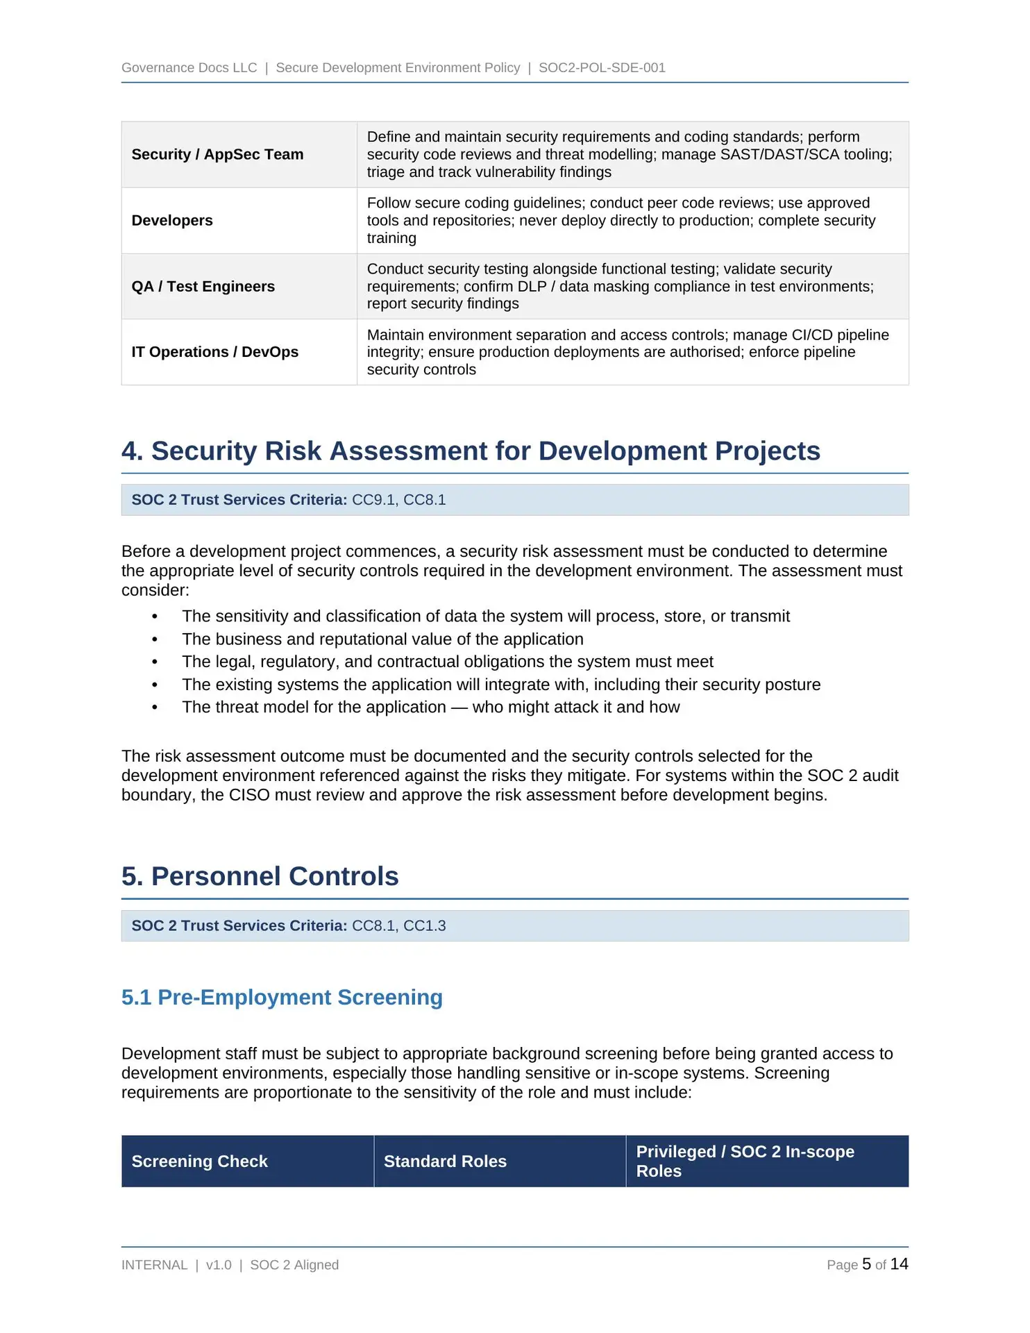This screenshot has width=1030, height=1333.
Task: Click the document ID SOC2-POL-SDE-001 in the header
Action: click(x=602, y=67)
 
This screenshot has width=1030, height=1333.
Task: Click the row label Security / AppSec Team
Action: click(x=217, y=154)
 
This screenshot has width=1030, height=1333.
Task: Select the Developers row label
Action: click(x=172, y=220)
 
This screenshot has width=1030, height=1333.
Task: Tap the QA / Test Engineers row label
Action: click(x=203, y=286)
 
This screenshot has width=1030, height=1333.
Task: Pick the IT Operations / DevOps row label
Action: click(x=214, y=352)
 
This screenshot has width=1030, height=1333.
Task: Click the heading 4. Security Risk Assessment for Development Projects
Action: click(x=471, y=451)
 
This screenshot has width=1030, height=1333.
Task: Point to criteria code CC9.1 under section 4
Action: click(x=373, y=500)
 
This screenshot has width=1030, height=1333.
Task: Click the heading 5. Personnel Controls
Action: click(x=260, y=876)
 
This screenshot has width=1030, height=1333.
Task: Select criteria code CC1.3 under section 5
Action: click(x=425, y=925)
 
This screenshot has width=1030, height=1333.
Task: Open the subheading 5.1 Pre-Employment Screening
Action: click(x=282, y=997)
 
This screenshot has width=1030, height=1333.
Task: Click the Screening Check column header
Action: click(x=199, y=1161)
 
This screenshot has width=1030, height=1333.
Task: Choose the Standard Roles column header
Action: click(x=445, y=1161)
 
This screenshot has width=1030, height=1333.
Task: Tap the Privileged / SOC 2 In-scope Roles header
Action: click(x=745, y=1161)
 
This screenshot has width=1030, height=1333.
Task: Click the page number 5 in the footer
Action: click(x=866, y=1264)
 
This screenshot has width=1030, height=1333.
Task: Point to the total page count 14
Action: click(x=899, y=1264)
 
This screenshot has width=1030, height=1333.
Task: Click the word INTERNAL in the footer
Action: click(x=154, y=1265)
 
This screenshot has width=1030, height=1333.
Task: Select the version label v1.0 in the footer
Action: click(x=219, y=1265)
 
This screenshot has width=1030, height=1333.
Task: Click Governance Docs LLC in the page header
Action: click(x=189, y=67)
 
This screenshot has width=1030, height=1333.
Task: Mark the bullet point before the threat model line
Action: click(x=155, y=707)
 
